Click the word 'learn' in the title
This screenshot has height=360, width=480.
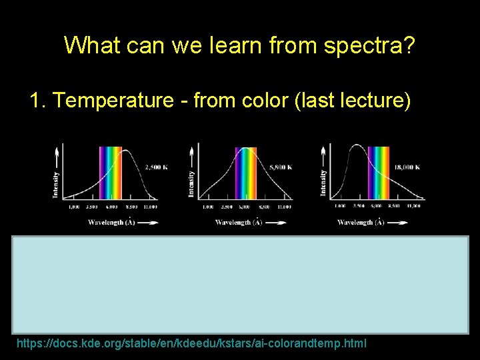tap(251, 45)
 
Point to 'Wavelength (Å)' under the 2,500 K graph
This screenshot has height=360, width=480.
tap(112, 222)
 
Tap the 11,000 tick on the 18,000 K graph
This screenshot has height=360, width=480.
tap(415, 207)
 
